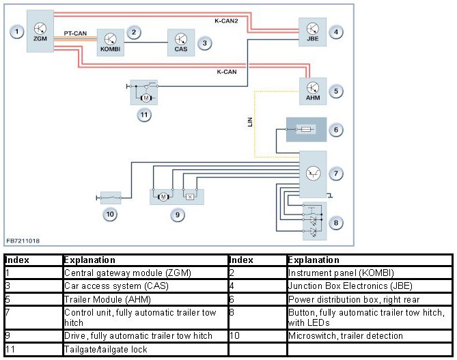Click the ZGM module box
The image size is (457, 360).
[x=40, y=31]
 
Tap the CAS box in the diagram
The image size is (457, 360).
[x=180, y=43]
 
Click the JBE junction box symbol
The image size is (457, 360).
[x=313, y=32]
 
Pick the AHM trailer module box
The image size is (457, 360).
[x=313, y=91]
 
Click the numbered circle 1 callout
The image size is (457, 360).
[x=16, y=31]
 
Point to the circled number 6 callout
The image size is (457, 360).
[x=335, y=129]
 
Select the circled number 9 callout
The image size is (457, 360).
[x=177, y=214]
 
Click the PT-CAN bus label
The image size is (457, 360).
[x=75, y=33]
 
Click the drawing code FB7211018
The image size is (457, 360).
[x=23, y=240]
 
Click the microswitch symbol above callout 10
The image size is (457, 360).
[x=111, y=197]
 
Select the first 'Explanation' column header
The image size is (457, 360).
[x=89, y=260]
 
